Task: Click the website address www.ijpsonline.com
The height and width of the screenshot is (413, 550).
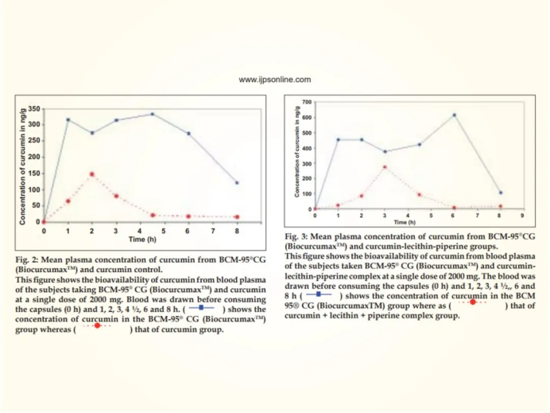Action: pos(275,80)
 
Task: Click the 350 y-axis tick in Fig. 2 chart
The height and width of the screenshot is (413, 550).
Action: pos(34,109)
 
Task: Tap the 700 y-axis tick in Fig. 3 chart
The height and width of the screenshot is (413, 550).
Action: pos(307,102)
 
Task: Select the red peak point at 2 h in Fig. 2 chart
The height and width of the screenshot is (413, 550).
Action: pos(92,174)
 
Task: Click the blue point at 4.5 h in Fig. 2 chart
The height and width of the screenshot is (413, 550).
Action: pos(153,114)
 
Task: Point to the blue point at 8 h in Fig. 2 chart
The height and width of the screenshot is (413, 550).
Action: pos(237,182)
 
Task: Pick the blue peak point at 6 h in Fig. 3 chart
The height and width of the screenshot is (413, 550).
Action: pos(455,115)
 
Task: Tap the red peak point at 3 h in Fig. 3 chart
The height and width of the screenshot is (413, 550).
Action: pos(385,167)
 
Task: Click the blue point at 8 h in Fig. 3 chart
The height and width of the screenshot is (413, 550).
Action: pos(501,193)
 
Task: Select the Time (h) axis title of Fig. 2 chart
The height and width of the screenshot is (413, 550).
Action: pos(142,240)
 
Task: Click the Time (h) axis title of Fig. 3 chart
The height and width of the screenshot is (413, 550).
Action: pos(405,222)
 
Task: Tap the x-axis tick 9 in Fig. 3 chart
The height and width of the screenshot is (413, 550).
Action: pos(522,216)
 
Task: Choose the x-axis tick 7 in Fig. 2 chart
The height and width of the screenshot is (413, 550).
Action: pos(213,231)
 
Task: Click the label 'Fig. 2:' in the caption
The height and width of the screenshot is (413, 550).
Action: pos(27,260)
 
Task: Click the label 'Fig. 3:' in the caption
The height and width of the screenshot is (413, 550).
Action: pos(296,236)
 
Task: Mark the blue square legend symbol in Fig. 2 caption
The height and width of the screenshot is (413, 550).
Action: pos(201,308)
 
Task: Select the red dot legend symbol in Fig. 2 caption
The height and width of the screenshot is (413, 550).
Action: pos(98,325)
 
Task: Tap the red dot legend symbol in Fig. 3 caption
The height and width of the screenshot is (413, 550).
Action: pos(473,302)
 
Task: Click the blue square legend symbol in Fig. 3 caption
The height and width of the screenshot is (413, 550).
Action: pos(319,294)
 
